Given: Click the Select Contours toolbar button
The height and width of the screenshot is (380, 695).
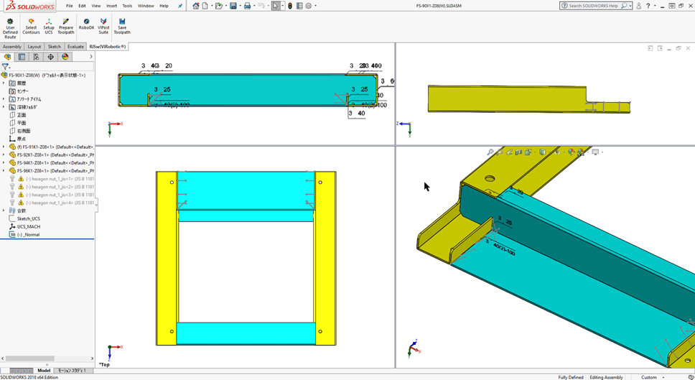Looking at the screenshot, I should click(31, 27).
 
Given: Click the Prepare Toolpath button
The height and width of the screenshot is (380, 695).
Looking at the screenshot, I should click(65, 27).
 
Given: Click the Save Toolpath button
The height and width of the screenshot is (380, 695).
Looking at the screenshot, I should click(122, 26).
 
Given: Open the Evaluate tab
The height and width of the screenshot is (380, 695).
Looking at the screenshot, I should click(75, 47).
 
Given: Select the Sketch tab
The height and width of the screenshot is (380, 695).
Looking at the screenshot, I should click(54, 47).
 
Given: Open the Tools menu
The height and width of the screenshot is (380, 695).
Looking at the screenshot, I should click(127, 6).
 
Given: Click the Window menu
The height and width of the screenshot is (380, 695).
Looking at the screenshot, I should click(146, 6).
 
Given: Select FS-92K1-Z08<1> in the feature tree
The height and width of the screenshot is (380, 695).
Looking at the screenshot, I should click(55, 154).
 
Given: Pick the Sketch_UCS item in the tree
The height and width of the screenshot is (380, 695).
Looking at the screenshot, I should click(28, 218).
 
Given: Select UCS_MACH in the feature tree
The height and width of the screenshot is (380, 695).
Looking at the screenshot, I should click(28, 226).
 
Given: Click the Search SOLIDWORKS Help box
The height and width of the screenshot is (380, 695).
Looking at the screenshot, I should click(593, 6).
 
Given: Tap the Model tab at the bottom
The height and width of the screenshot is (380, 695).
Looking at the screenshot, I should click(44, 371).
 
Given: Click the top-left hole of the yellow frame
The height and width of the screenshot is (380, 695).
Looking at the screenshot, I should click(172, 182).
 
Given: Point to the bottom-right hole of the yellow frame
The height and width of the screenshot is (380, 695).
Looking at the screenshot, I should click(320, 332).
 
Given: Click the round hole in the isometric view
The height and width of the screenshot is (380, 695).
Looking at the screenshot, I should click(490, 179).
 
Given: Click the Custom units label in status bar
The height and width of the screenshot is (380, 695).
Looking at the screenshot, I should click(649, 377).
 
